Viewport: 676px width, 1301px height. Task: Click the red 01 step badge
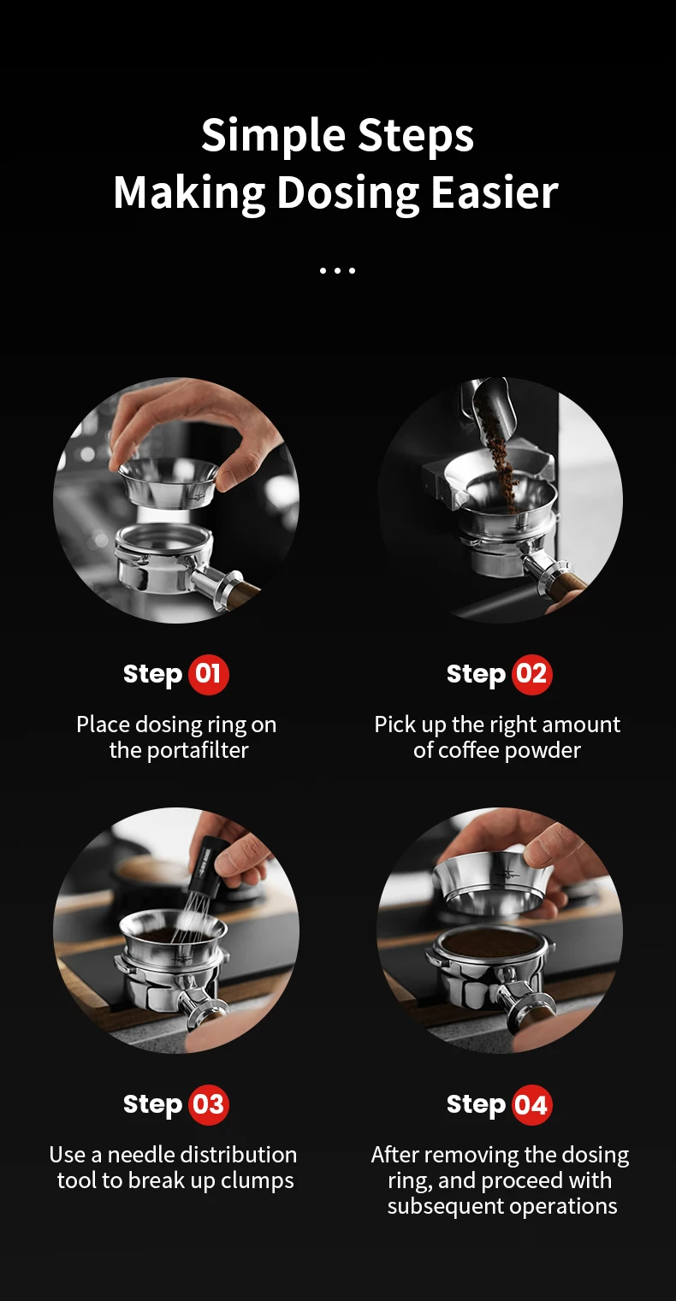tap(208, 674)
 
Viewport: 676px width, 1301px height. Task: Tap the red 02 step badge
tap(532, 674)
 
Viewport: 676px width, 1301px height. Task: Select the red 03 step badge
tap(209, 1104)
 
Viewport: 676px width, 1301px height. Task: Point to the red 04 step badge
tap(532, 1104)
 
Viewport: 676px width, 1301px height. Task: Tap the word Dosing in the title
tap(347, 193)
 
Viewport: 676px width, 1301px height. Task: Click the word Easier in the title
tap(495, 192)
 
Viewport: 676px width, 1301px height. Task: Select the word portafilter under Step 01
tap(198, 750)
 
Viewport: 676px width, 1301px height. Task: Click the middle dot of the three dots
tap(338, 270)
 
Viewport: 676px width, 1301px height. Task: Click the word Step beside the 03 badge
tap(152, 1105)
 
